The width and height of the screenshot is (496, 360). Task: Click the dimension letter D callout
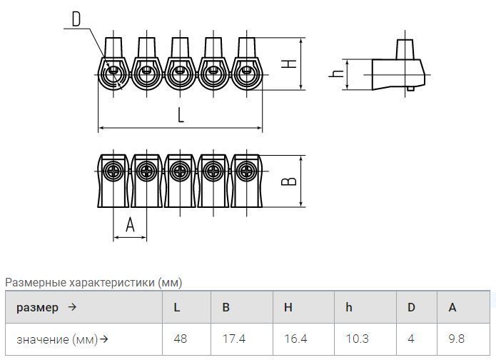(76, 19)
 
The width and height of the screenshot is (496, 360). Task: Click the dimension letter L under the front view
(181, 114)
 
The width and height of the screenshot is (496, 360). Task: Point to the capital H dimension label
(289, 64)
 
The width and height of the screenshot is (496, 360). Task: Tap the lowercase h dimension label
(336, 74)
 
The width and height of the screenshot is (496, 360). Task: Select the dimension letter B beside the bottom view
(289, 181)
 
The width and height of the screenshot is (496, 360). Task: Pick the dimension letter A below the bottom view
(130, 225)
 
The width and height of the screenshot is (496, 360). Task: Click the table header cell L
(177, 307)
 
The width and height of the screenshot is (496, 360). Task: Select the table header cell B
(226, 307)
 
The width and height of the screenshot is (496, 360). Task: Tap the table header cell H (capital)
(288, 307)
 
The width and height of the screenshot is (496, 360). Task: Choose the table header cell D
(411, 307)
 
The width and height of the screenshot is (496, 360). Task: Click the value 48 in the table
(181, 339)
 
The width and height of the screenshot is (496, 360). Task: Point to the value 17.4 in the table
(234, 339)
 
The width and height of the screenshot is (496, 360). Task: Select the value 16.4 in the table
(295, 339)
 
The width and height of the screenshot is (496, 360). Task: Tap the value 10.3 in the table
(357, 339)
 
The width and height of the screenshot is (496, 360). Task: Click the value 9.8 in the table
(457, 339)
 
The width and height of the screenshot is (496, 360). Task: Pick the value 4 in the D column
(411, 339)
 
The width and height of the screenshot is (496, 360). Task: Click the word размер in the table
(37, 308)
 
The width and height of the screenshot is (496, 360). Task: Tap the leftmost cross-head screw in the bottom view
(113, 171)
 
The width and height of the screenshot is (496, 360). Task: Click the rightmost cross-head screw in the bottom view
(246, 171)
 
